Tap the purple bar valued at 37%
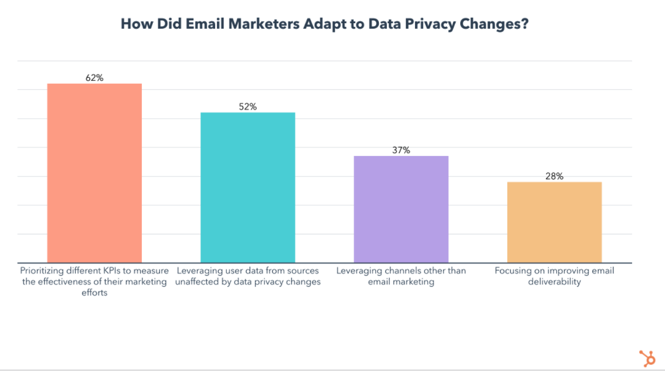[x=401, y=209]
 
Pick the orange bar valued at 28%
[x=554, y=222]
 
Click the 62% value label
[x=94, y=78]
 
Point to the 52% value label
[x=248, y=106]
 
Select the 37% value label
[x=401, y=150]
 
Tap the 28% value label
[x=554, y=176]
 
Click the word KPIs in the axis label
[x=112, y=270]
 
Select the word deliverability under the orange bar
[x=554, y=281]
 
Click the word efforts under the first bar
[x=94, y=292]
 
